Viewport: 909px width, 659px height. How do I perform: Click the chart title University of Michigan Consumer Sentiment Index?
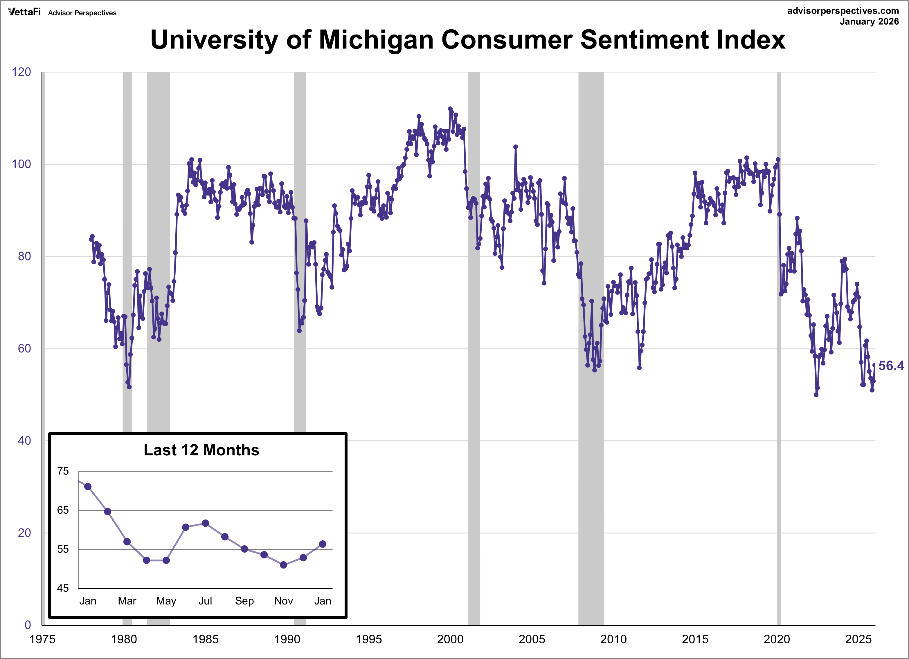tap(467, 40)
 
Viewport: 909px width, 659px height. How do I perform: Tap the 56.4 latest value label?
tap(891, 365)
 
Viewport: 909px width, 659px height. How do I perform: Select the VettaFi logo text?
tap(24, 12)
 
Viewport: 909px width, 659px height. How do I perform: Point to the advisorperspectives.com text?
tap(843, 11)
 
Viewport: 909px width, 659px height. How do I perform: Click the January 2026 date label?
tap(869, 22)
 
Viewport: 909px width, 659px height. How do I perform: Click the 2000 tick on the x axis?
tap(450, 639)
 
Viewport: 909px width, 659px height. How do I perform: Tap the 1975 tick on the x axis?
tap(42, 639)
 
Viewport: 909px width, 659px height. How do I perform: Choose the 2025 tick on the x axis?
tap(858, 639)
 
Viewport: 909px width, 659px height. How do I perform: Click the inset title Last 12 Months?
tap(201, 450)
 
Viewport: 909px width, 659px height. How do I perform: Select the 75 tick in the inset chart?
tap(63, 471)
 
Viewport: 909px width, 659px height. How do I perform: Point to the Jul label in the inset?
tap(205, 601)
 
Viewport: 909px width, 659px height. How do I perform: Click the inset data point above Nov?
tap(283, 565)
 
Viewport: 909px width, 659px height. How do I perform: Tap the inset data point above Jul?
tap(205, 523)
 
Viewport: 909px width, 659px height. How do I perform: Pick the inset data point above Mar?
tap(127, 542)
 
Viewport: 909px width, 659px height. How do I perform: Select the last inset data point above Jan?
tap(323, 544)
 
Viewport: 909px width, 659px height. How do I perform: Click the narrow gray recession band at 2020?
tap(779, 320)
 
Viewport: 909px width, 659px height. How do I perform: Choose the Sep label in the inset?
tap(244, 601)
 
